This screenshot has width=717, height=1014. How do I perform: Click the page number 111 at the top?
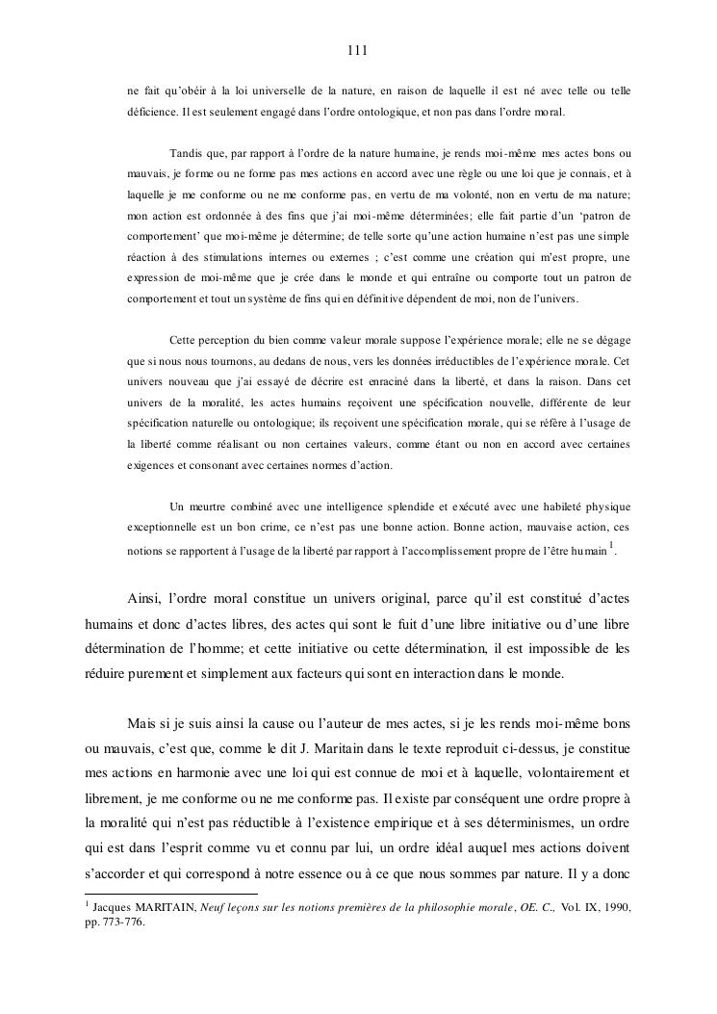pyautogui.click(x=358, y=50)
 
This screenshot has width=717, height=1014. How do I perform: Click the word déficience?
pyautogui.click(x=156, y=113)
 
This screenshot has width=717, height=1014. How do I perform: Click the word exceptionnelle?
pyautogui.click(x=171, y=529)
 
